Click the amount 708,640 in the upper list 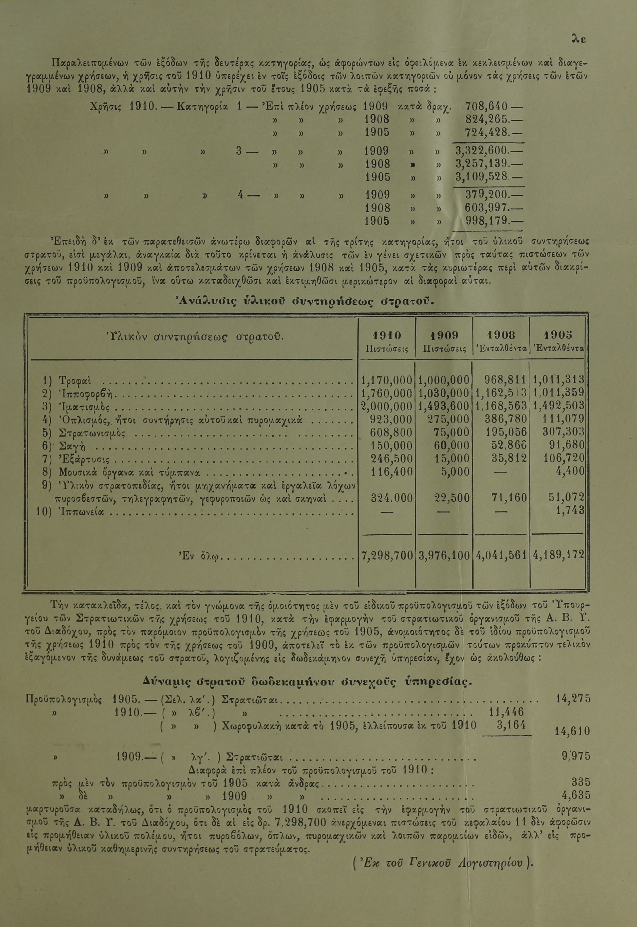tap(486, 107)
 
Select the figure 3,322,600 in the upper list tap(481, 151)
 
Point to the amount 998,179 tap(486, 221)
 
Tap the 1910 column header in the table tap(387, 335)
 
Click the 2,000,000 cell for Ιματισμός tap(386, 406)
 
